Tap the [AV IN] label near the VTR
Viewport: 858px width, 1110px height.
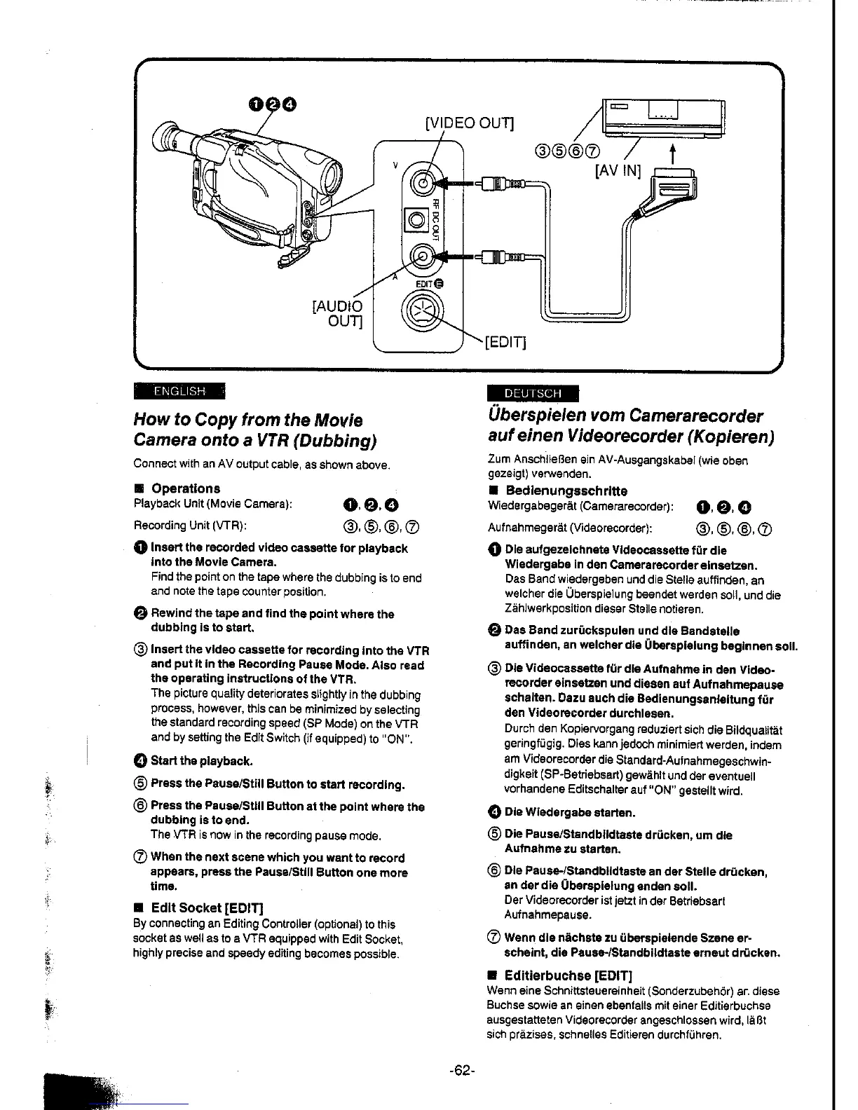(618, 170)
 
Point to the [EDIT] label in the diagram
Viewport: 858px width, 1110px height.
(505, 342)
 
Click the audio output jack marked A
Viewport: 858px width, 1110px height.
(421, 257)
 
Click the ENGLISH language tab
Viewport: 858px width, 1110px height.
(179, 390)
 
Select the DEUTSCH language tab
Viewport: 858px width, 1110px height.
(533, 393)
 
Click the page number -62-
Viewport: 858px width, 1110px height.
(463, 1071)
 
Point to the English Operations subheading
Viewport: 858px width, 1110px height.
(185, 488)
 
